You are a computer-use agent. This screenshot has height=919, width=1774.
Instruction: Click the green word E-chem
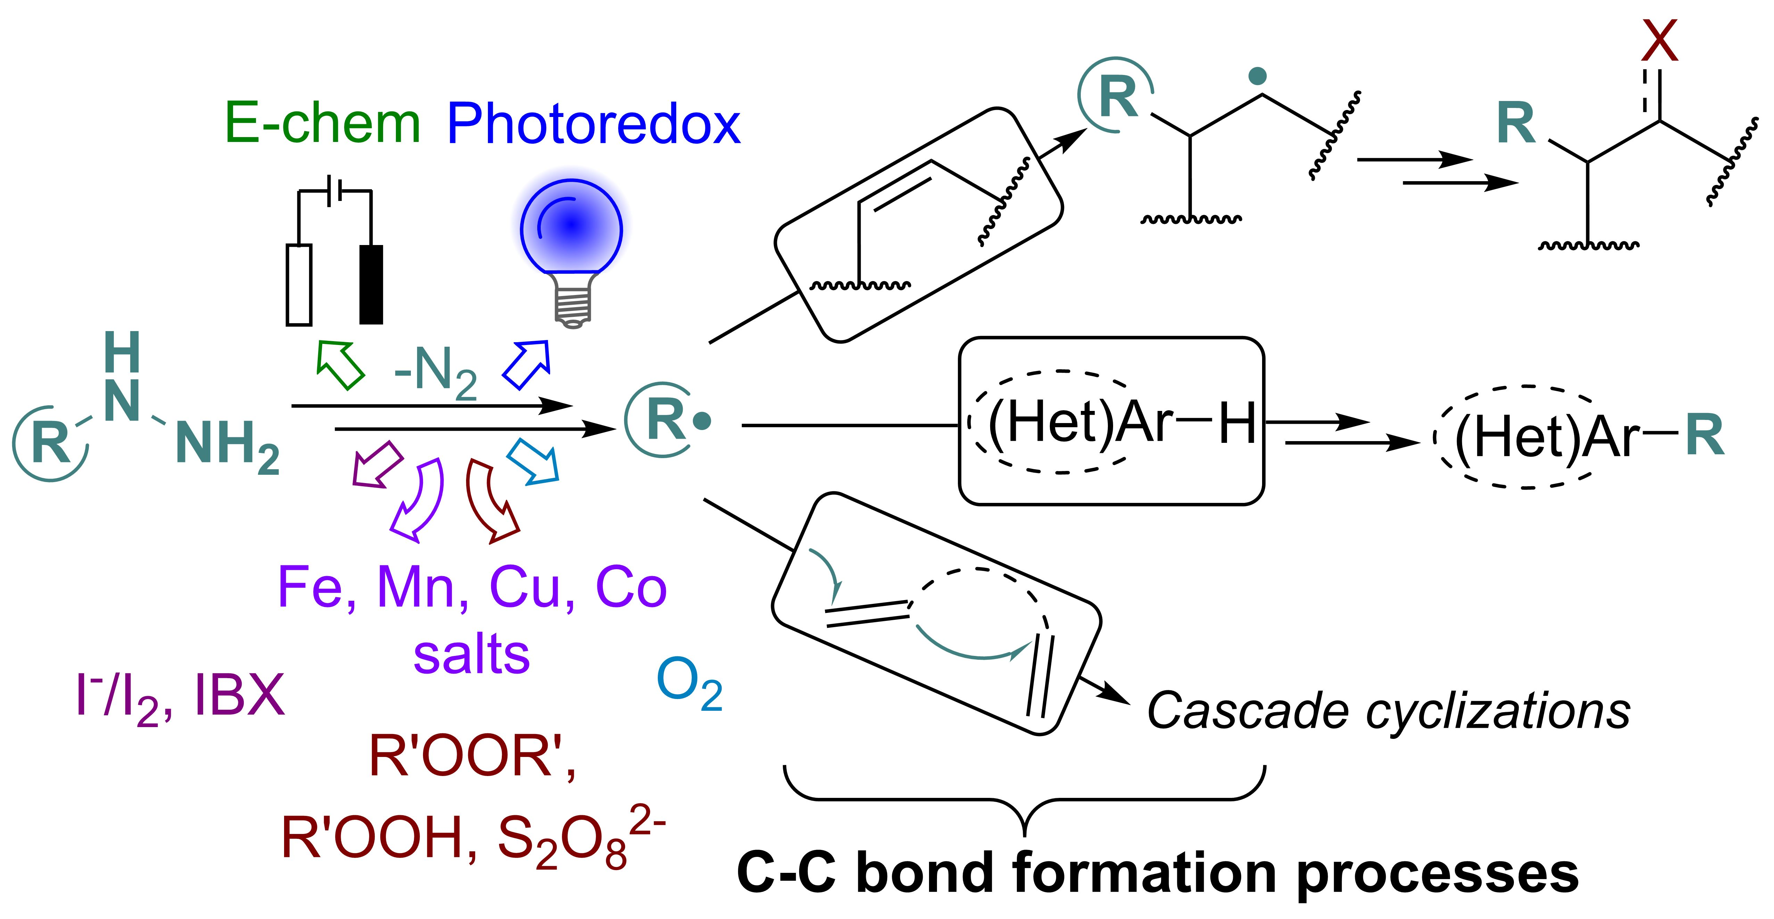[x=322, y=124]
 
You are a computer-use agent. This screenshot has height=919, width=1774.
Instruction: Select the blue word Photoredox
[x=594, y=124]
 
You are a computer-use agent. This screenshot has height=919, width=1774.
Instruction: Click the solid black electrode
[x=371, y=284]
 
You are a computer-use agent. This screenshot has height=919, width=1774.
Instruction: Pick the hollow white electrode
[x=299, y=284]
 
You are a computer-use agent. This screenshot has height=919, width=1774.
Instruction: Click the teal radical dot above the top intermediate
[x=1258, y=76]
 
